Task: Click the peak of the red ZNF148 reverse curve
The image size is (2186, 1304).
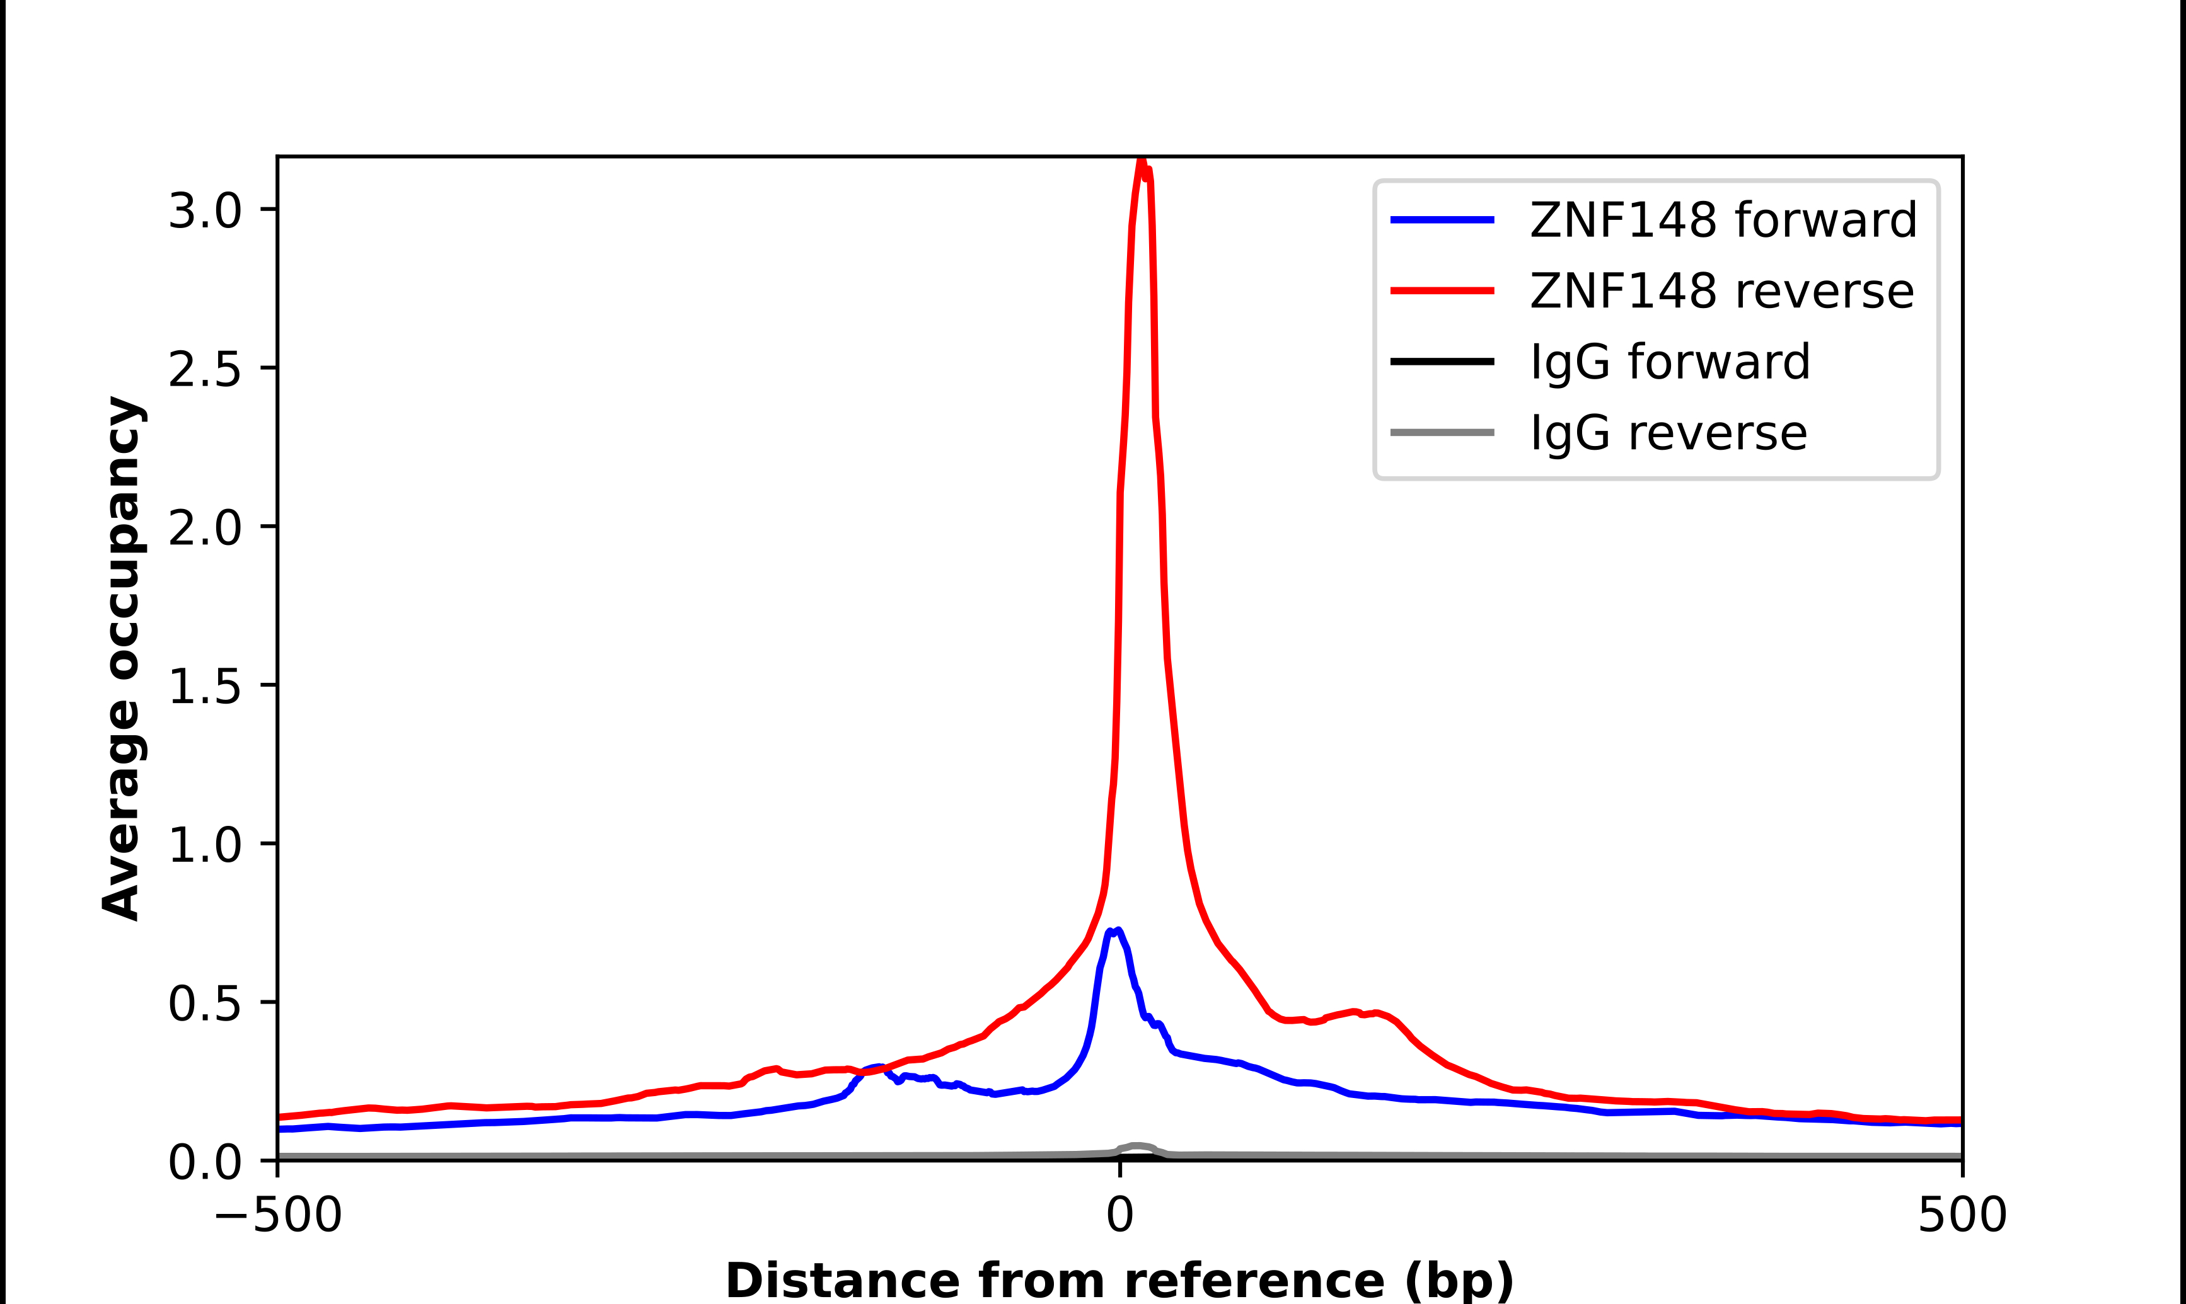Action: tap(1141, 161)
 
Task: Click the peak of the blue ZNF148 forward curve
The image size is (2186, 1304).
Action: tap(1116, 930)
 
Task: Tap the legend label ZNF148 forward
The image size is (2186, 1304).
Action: tap(1723, 220)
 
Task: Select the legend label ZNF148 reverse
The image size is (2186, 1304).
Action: tap(1721, 291)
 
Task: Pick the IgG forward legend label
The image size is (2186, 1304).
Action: tap(1670, 362)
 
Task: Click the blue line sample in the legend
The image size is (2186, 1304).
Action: tap(1442, 220)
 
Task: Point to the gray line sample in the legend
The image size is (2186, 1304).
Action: tap(1442, 432)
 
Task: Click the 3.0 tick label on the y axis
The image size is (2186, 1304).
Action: tap(204, 211)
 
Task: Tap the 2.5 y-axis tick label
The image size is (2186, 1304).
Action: tap(204, 369)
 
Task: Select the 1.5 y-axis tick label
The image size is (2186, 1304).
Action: tap(204, 686)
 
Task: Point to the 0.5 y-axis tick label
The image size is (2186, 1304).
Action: tap(204, 1003)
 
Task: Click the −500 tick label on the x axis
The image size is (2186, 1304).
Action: tap(278, 1215)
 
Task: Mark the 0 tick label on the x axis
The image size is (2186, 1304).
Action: tap(1119, 1215)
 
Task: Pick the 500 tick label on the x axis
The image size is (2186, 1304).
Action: tap(1962, 1215)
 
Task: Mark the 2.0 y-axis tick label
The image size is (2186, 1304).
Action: tap(204, 528)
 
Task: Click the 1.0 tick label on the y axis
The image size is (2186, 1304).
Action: tap(204, 844)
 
